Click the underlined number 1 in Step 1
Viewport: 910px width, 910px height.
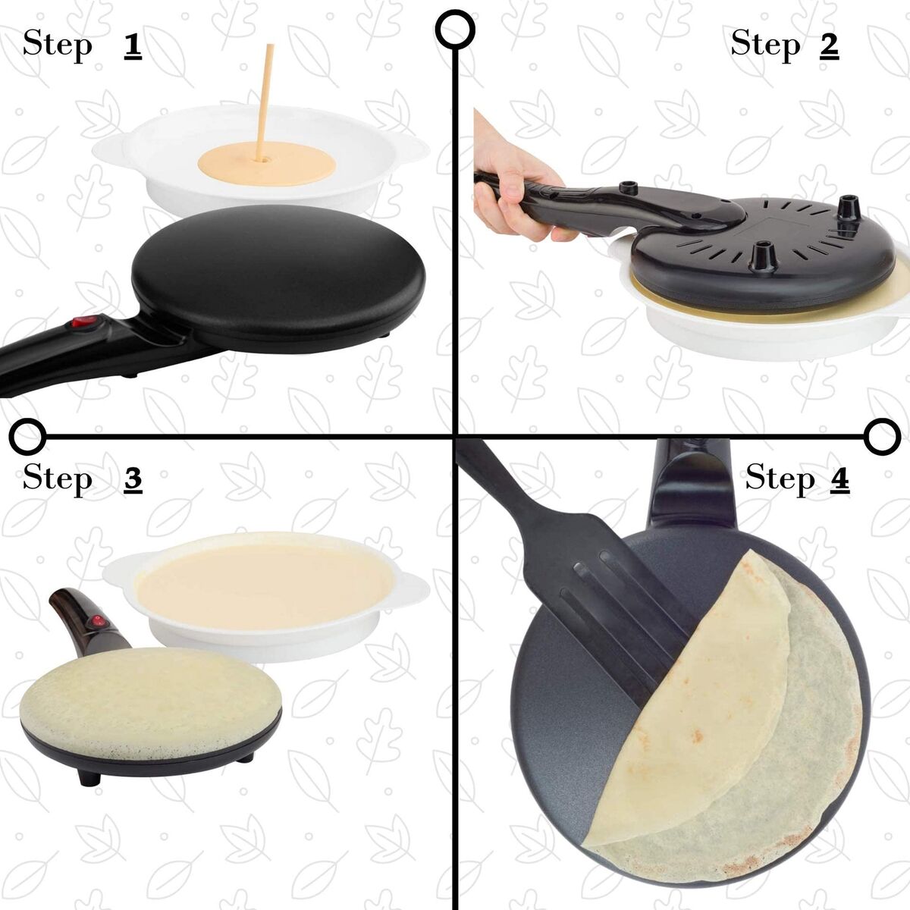point(133,45)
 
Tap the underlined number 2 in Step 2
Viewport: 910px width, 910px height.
point(829,45)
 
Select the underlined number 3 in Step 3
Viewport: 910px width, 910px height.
point(133,479)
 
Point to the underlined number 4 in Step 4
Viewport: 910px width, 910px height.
point(839,479)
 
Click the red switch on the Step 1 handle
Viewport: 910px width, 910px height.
point(82,324)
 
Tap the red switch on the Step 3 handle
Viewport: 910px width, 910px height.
point(96,622)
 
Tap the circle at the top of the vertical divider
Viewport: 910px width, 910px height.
point(456,29)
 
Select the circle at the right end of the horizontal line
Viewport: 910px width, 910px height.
point(882,436)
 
